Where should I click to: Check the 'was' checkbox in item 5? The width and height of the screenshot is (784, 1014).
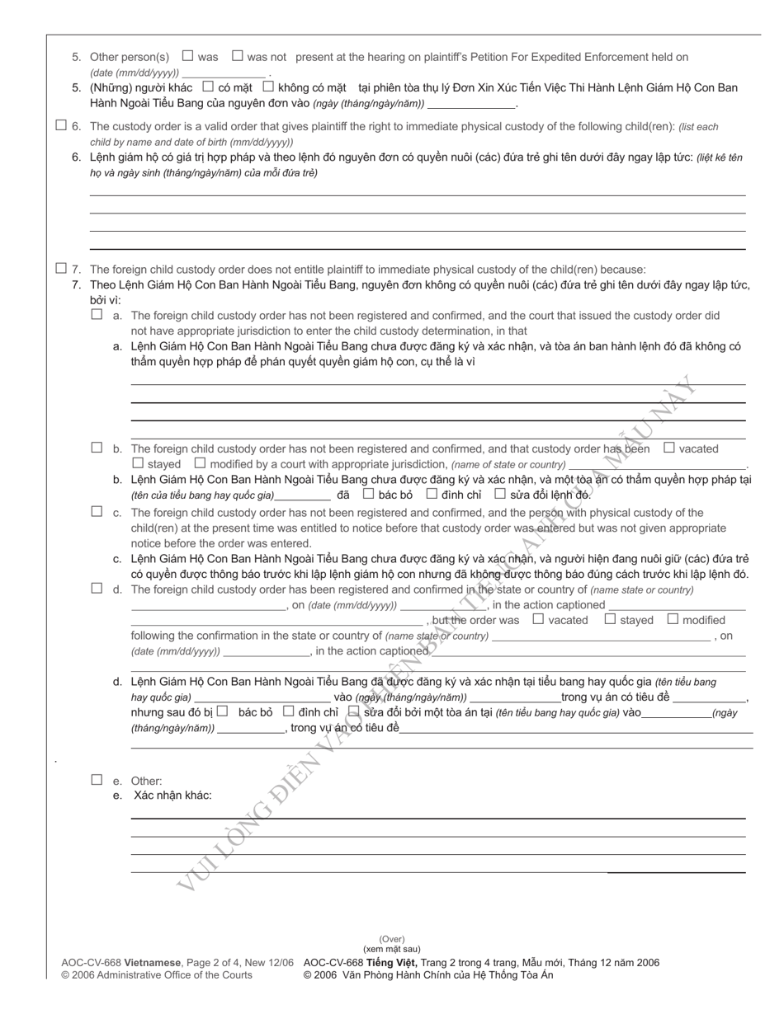click(x=187, y=56)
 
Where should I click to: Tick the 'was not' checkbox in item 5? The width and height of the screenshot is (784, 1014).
click(x=238, y=56)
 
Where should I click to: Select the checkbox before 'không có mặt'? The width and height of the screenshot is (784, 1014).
click(x=267, y=86)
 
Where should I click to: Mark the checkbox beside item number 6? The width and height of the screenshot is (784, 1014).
click(x=60, y=125)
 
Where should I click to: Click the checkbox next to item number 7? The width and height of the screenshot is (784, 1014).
click(x=60, y=268)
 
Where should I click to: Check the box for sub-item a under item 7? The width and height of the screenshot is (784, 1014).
click(x=97, y=314)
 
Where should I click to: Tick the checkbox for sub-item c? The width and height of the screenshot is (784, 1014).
click(x=97, y=511)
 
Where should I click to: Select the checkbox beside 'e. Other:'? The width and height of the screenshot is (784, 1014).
click(x=97, y=779)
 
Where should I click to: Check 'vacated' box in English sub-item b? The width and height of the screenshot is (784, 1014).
click(x=669, y=448)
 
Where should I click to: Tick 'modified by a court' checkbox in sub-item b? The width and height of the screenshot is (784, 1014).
click(x=200, y=463)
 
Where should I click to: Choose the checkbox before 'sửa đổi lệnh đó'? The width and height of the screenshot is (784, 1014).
click(x=499, y=494)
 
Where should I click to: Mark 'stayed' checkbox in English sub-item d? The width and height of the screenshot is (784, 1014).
click(x=610, y=619)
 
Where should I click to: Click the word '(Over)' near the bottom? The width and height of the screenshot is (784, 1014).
click(x=392, y=939)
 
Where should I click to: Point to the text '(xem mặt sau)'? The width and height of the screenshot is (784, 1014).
click(x=392, y=949)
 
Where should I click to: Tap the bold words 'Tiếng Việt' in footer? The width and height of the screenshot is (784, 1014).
click(x=392, y=962)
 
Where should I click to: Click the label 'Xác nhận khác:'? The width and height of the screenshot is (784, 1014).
click(x=172, y=795)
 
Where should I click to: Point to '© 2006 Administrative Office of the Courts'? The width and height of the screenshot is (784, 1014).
click(x=157, y=974)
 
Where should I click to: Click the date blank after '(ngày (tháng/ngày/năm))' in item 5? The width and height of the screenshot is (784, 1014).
click(x=471, y=104)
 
